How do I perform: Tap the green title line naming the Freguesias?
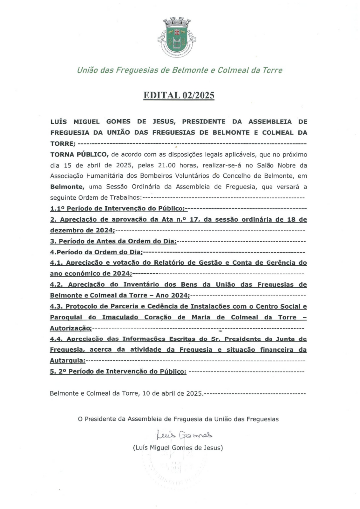[180, 70]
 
